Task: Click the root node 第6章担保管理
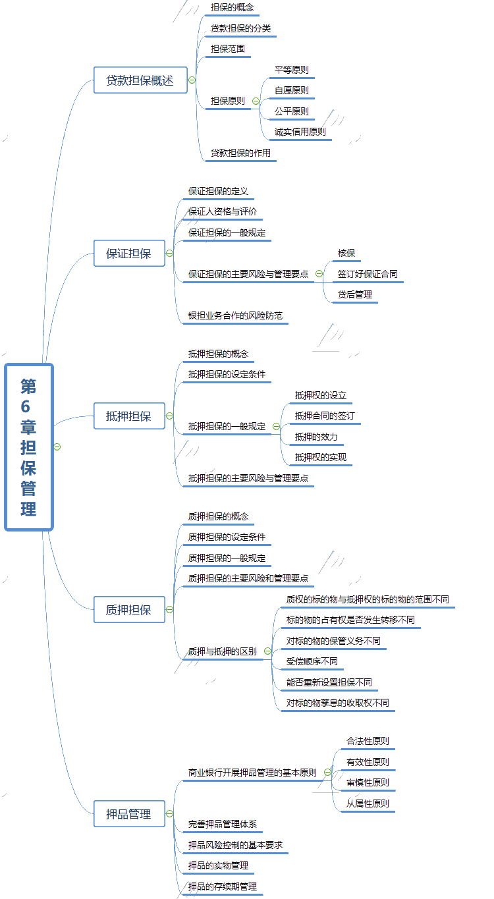tap(28, 447)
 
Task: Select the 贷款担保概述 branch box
tap(140, 80)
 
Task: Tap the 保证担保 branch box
tap(129, 253)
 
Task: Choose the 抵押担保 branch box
tap(129, 416)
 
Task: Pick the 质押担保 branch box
tap(129, 610)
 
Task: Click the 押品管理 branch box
tap(129, 814)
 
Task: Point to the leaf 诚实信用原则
tap(300, 132)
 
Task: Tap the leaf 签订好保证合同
tap(368, 274)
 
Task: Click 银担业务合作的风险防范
tap(235, 315)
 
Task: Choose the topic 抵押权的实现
tap(321, 457)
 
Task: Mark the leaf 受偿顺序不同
tap(312, 661)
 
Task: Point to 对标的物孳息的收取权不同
tap(338, 703)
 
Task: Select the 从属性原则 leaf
tap(368, 804)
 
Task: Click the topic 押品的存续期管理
tap(223, 886)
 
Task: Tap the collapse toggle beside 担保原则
tap(256, 101)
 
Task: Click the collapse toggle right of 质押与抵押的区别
tap(267, 651)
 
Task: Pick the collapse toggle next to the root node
tap(57, 447)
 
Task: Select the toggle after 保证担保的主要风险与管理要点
tap(319, 274)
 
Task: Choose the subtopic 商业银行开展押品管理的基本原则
tap(252, 773)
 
